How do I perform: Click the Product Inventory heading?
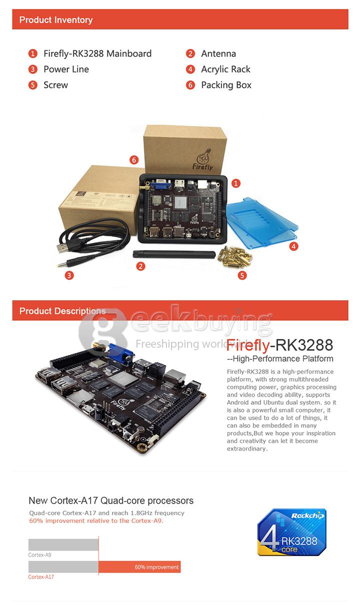(56, 20)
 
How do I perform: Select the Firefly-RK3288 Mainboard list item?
(97, 53)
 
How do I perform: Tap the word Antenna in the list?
(218, 53)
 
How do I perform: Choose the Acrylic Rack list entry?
(225, 69)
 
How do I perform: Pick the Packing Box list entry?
(226, 85)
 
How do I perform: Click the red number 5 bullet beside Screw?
(33, 85)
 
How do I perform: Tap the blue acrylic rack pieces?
(262, 219)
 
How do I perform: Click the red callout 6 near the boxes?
(133, 160)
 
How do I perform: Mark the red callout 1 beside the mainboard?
(236, 183)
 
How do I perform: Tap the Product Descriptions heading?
(62, 311)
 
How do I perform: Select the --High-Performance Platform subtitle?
(280, 359)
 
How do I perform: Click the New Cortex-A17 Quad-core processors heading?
(111, 501)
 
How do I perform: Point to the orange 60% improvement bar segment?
(139, 567)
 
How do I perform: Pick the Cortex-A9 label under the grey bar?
(40, 555)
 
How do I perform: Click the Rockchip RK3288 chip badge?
(291, 532)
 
